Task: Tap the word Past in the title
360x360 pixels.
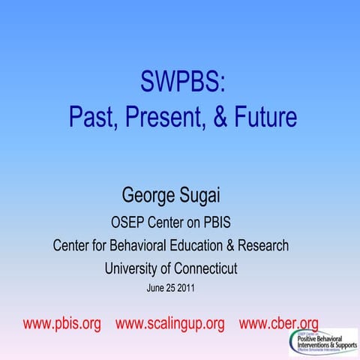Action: [94, 117]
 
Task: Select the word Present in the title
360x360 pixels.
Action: [167, 117]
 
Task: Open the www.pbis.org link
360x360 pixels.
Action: [62, 324]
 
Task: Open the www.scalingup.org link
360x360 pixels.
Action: [170, 324]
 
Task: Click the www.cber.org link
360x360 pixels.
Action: [278, 324]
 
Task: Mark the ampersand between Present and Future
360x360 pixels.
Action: [213, 117]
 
